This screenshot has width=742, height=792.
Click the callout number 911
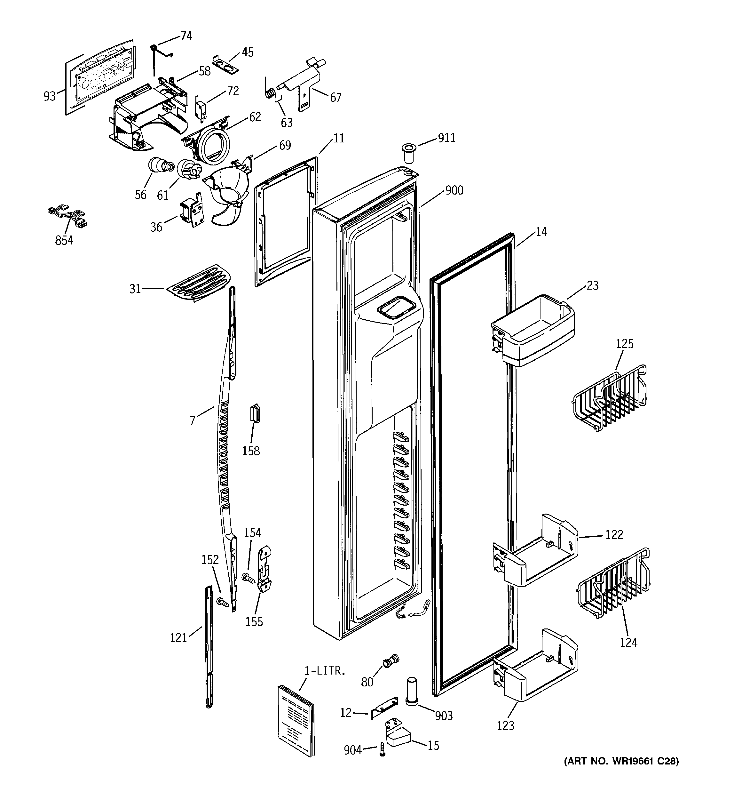[x=446, y=138]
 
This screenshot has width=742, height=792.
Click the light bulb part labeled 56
[x=159, y=166]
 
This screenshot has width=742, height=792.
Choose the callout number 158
[x=251, y=451]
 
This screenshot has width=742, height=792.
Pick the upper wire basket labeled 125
[x=609, y=398]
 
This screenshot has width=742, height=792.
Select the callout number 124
[x=628, y=642]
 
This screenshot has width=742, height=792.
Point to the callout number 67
[x=336, y=97]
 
